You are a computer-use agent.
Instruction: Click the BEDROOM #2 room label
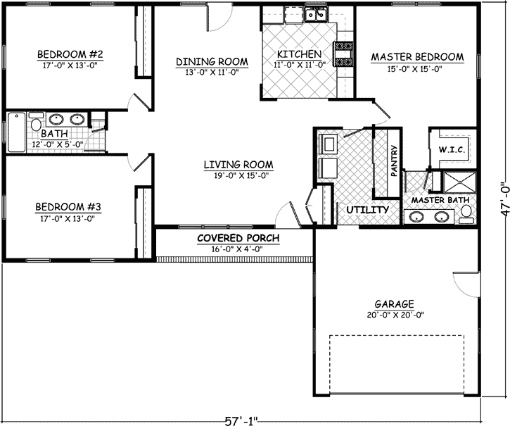coord(70,54)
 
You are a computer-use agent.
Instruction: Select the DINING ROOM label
coord(208,61)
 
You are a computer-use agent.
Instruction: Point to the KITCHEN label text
coord(299,54)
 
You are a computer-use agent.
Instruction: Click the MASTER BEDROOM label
coord(417,57)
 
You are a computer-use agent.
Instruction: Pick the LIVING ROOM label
coord(238,165)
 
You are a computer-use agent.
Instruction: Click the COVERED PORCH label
coord(238,239)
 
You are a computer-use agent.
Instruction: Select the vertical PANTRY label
coord(395,161)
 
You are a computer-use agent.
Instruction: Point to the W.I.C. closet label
coord(450,149)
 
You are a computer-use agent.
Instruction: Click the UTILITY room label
coord(367,210)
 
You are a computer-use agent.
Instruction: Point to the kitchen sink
coord(314,13)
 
